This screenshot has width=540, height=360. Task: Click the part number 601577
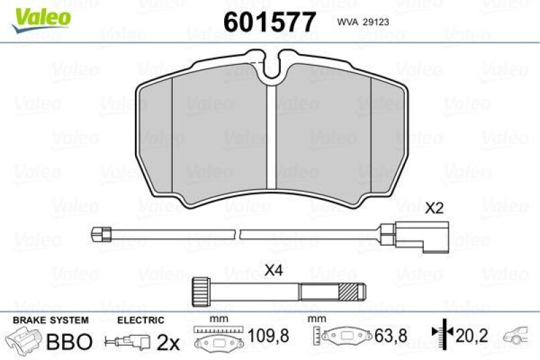coord(269,22)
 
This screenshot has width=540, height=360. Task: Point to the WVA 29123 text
coord(363,22)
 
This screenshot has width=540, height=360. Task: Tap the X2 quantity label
coord(434,209)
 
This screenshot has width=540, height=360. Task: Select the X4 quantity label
coord(274,270)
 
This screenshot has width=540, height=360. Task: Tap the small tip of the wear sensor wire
coord(101,234)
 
